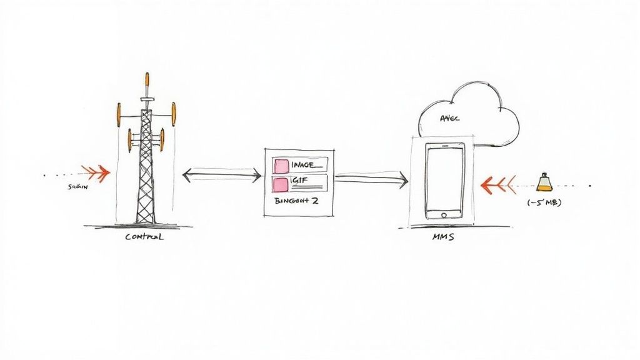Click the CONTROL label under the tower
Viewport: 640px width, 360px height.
coord(144,237)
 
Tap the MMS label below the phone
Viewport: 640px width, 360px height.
coord(443,237)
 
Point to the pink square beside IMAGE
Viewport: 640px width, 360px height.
coord(281,166)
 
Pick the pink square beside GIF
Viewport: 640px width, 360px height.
coord(281,183)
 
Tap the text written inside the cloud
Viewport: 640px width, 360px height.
coord(449,119)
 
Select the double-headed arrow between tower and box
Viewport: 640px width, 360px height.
coord(221,176)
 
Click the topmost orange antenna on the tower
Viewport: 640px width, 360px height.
coord(147,80)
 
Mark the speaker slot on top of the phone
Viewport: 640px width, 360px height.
coord(445,146)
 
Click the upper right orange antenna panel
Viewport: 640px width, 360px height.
coord(174,114)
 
